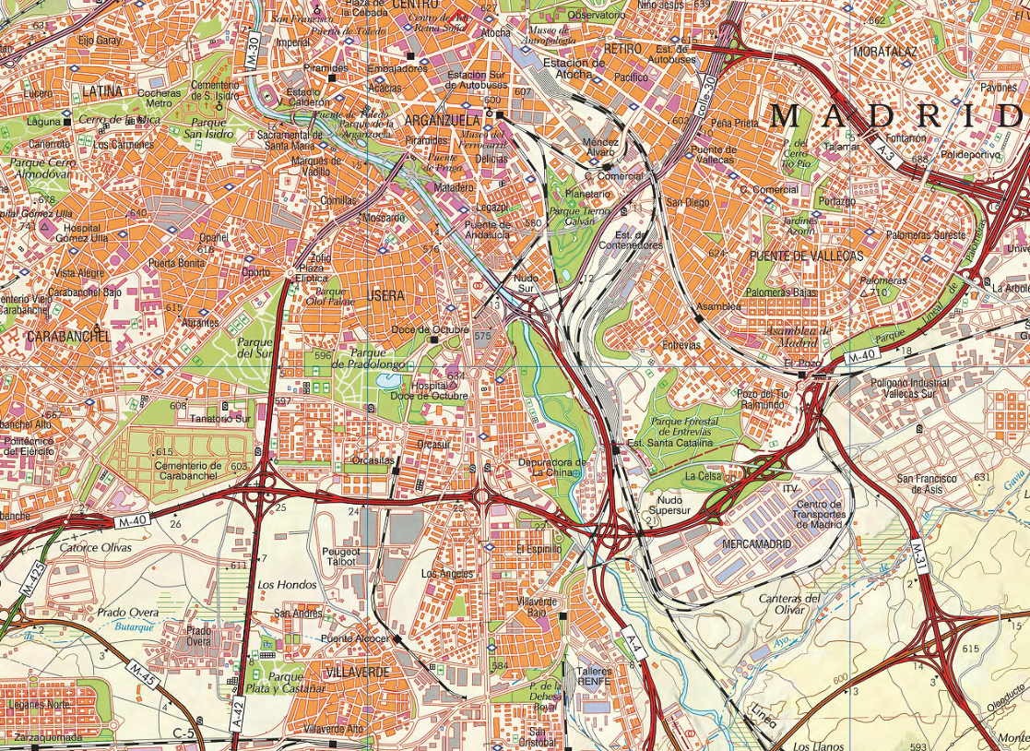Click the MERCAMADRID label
pos(757,544)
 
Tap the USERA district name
pos(385,296)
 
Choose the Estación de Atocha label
pos(574,69)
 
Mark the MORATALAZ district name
pos(884,52)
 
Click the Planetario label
pos(588,195)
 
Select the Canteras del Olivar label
pos(789,604)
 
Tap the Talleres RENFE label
pos(594,677)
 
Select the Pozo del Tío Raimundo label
pos(763,399)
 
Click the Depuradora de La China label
pos(552,467)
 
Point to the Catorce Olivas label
pos(96,547)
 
